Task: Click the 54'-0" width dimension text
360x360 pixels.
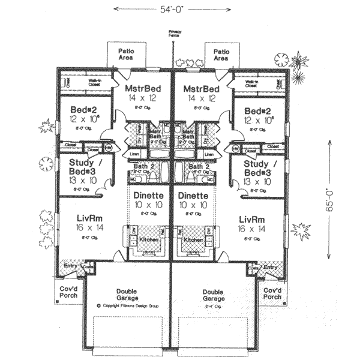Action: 173,9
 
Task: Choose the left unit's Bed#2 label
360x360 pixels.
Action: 80,111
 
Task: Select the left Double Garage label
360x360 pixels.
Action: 127,294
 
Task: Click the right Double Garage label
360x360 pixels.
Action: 214,294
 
